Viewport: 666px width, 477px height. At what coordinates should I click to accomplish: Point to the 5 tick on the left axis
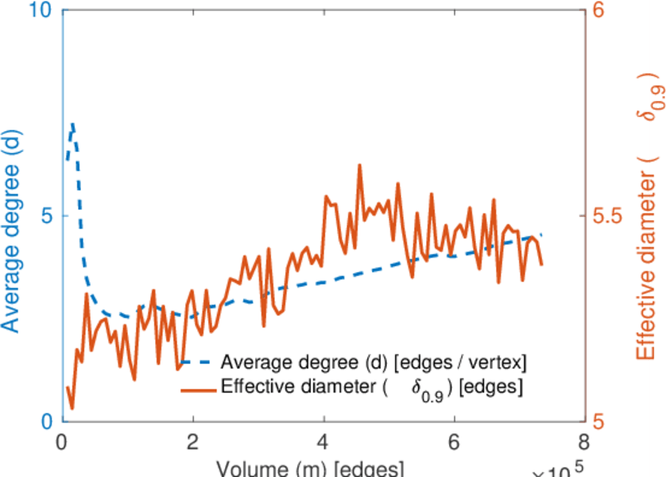click(x=45, y=216)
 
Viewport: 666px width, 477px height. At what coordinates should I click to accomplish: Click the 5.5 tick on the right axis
click(x=609, y=216)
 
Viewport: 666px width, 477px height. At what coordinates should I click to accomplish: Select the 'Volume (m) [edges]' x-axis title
click(x=311, y=468)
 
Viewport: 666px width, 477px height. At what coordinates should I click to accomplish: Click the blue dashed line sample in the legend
click(x=198, y=363)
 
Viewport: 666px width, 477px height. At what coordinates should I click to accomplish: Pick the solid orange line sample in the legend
click(x=198, y=388)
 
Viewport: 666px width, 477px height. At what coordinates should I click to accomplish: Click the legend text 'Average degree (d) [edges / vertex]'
click(x=374, y=363)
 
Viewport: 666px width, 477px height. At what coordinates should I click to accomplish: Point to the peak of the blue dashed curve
click(x=73, y=125)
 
